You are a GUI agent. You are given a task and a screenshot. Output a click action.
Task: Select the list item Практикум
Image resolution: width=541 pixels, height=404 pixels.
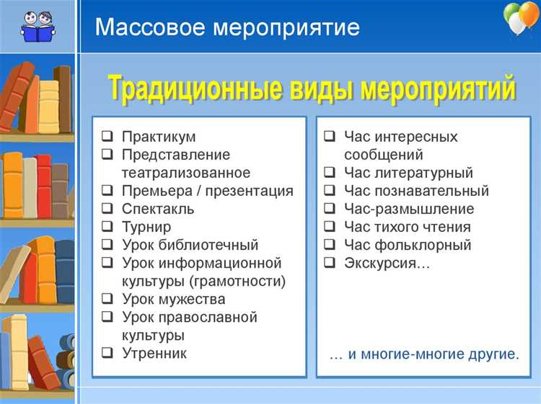[x=159, y=137]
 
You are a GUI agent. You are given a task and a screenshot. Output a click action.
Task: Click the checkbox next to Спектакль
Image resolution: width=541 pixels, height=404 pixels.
[x=107, y=210]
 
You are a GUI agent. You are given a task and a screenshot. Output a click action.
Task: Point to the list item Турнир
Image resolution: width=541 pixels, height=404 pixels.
[x=146, y=227]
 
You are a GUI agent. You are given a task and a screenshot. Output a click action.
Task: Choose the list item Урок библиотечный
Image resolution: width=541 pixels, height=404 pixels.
[x=190, y=245]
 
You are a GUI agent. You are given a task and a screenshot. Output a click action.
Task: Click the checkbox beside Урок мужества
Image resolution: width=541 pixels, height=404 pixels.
[x=107, y=300]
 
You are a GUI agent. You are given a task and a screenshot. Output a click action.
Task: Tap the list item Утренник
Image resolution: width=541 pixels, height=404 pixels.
[x=154, y=353]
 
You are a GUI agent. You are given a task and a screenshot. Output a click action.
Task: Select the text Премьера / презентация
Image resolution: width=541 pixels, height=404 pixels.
[x=207, y=191]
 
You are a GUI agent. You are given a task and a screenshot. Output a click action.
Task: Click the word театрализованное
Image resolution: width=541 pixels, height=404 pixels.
[x=186, y=173]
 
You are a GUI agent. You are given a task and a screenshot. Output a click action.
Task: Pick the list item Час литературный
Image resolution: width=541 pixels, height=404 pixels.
[x=408, y=173]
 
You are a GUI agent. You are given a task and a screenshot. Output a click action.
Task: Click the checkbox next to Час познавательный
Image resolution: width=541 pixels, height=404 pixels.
[x=329, y=192]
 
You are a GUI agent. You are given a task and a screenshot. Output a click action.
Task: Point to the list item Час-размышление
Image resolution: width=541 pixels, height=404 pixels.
[x=409, y=209]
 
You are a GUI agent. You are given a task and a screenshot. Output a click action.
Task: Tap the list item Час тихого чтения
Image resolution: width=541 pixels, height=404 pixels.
[x=407, y=227]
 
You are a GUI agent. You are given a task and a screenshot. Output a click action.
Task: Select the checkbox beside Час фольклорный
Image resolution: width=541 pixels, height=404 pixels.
[x=329, y=246]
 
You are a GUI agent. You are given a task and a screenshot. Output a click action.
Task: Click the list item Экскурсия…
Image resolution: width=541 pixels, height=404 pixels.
[x=387, y=263]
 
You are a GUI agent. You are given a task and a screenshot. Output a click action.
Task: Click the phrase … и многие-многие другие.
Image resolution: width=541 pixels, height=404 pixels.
[x=423, y=354]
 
